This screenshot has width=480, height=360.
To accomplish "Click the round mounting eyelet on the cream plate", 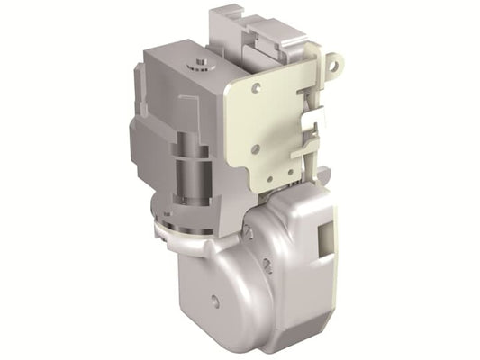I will click(x=337, y=62).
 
